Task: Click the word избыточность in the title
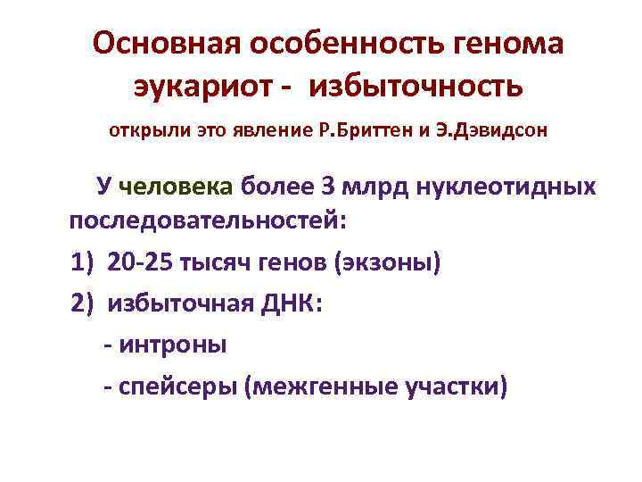pyautogui.click(x=414, y=88)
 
